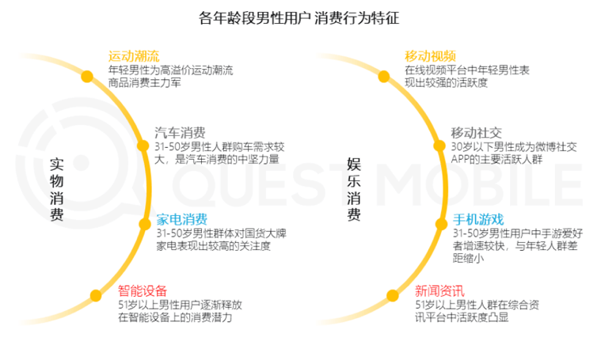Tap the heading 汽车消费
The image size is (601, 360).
coord(180,132)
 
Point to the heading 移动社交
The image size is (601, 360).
coord(476,132)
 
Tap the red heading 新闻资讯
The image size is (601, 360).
coord(439,290)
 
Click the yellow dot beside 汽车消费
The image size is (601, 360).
coord(143,145)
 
